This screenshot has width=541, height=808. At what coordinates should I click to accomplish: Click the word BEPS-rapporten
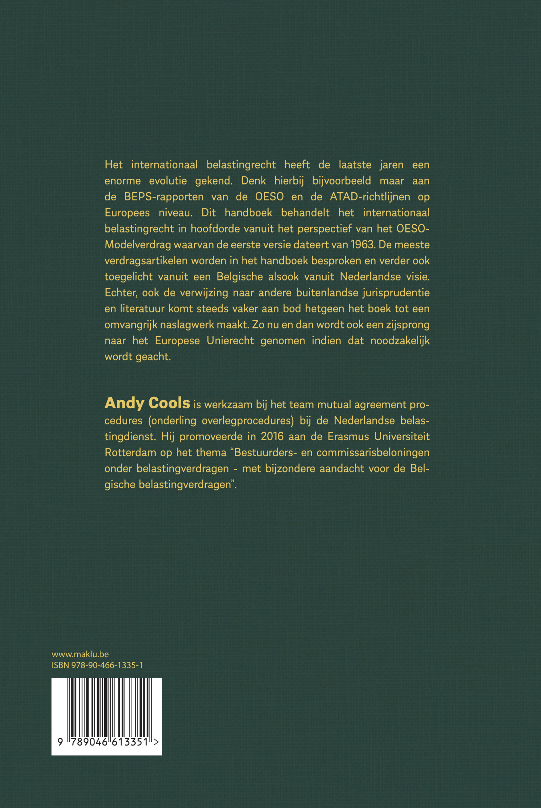(163, 197)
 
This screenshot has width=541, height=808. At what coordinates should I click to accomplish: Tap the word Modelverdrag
(138, 245)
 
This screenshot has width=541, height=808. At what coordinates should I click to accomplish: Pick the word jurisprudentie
(396, 293)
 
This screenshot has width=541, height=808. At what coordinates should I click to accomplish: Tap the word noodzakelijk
(400, 341)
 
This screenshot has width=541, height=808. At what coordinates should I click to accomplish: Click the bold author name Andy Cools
(147, 403)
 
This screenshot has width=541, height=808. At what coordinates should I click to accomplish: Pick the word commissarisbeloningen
(373, 452)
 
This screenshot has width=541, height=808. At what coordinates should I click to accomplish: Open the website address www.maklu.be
(80, 655)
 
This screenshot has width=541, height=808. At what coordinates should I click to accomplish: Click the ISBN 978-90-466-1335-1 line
(97, 665)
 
